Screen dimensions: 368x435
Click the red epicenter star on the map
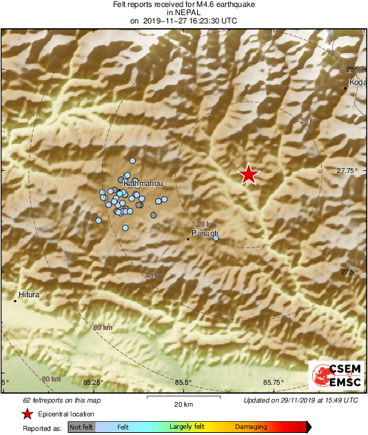click(248, 174)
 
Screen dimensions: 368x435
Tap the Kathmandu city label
click(143, 185)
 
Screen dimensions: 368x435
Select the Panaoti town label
click(205, 234)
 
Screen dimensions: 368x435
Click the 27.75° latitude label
click(347, 170)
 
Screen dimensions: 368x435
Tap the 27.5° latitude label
click(348, 272)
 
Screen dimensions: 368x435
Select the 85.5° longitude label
click(183, 382)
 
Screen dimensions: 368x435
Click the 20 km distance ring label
click(205, 225)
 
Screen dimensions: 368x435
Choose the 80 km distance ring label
click(50, 379)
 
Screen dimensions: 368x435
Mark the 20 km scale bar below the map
click(183, 398)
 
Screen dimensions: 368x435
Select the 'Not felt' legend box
click(81, 427)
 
